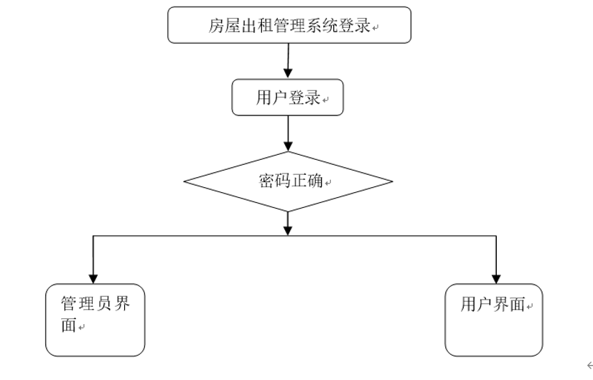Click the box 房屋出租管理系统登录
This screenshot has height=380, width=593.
coord(289,26)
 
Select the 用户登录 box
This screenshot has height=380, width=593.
coord(288,98)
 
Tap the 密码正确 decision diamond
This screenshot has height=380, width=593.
coord(288,181)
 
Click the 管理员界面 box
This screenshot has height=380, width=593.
coord(95,320)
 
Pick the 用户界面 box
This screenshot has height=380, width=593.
coord(494,320)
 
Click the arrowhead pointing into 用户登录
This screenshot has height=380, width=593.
coord(288,73)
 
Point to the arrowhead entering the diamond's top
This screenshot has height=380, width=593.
coord(288,146)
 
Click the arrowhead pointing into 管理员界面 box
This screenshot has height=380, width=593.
coord(93,278)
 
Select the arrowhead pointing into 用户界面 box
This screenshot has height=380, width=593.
coord(495,278)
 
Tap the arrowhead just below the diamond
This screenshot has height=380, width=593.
coord(288,229)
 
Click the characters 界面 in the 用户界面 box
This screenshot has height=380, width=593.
coord(509,305)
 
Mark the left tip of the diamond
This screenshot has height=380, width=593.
coord(185,181)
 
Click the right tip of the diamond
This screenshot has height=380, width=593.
coord(392,181)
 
